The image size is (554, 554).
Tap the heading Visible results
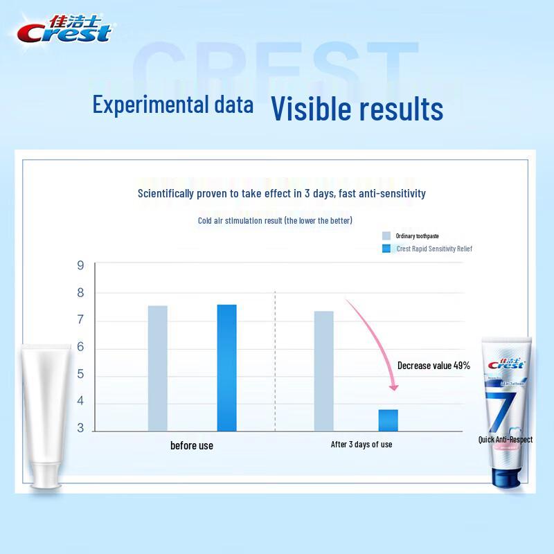click(x=357, y=109)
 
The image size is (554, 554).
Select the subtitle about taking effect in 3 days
click(x=281, y=193)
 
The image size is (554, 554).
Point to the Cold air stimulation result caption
click(x=275, y=221)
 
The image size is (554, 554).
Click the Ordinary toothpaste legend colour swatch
click(x=386, y=236)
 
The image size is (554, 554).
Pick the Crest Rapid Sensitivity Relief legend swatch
click(x=386, y=249)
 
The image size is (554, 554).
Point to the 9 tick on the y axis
click(x=80, y=266)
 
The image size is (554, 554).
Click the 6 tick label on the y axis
click(x=80, y=348)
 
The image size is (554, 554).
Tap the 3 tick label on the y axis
click(x=80, y=428)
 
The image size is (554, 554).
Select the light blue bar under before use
click(x=157, y=368)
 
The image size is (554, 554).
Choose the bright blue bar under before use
click(x=226, y=367)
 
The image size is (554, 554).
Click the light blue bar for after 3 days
click(x=323, y=370)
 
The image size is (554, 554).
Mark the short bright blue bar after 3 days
click(x=388, y=420)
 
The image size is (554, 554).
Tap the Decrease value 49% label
click(x=434, y=366)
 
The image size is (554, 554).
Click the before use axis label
click(x=192, y=445)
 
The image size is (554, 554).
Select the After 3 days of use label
click(x=361, y=445)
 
